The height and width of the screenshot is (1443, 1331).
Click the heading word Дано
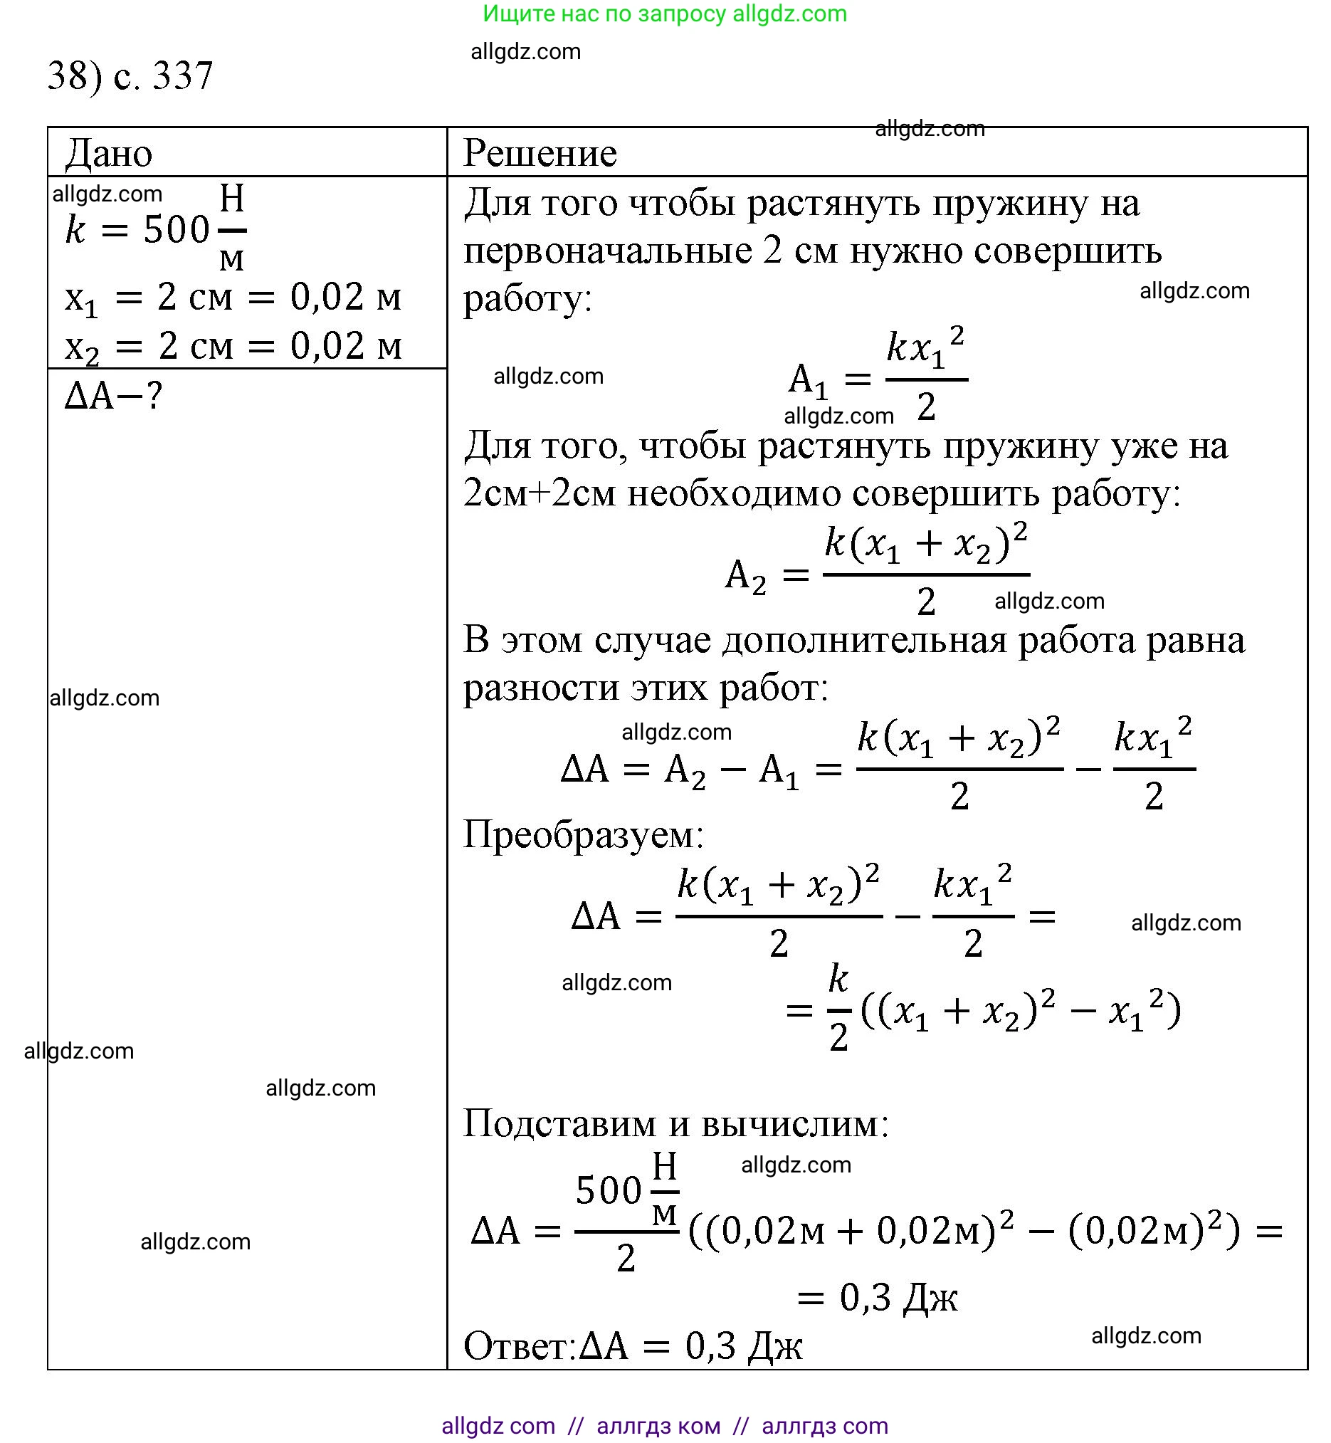point(109,154)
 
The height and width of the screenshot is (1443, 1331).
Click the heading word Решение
point(540,154)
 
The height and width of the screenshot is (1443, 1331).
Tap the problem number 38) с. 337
point(130,75)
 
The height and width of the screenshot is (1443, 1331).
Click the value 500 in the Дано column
point(177,231)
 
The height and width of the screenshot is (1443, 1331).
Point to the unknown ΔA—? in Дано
point(114,396)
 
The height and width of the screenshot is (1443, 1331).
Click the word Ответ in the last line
point(519,1345)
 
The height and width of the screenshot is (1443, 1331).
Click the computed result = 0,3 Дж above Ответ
point(878,1298)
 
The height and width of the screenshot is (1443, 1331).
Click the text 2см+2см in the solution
point(540,494)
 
